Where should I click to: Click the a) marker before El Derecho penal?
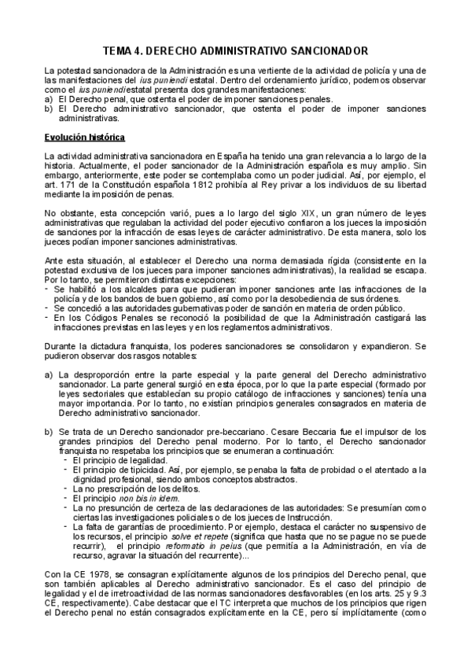point(49,99)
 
